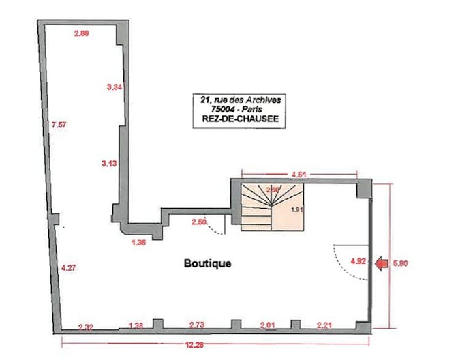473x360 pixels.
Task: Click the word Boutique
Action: [207, 262]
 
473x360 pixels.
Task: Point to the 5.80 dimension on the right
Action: [395, 262]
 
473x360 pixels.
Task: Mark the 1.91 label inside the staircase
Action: [296, 210]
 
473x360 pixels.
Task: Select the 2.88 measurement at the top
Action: [82, 33]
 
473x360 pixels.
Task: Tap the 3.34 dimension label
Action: [115, 87]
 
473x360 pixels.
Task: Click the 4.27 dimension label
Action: [68, 267]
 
